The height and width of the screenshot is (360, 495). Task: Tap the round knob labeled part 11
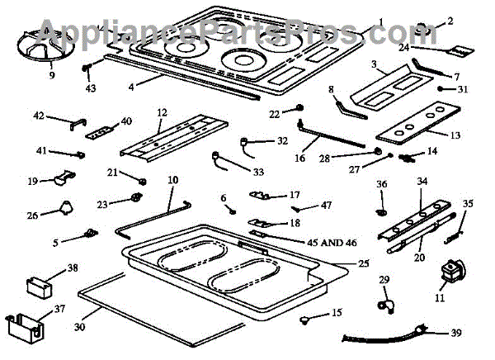(x=452, y=270)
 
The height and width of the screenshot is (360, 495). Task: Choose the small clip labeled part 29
(x=384, y=303)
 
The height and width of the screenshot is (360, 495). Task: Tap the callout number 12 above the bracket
(x=161, y=111)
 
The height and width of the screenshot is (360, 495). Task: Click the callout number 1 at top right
(x=381, y=20)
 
